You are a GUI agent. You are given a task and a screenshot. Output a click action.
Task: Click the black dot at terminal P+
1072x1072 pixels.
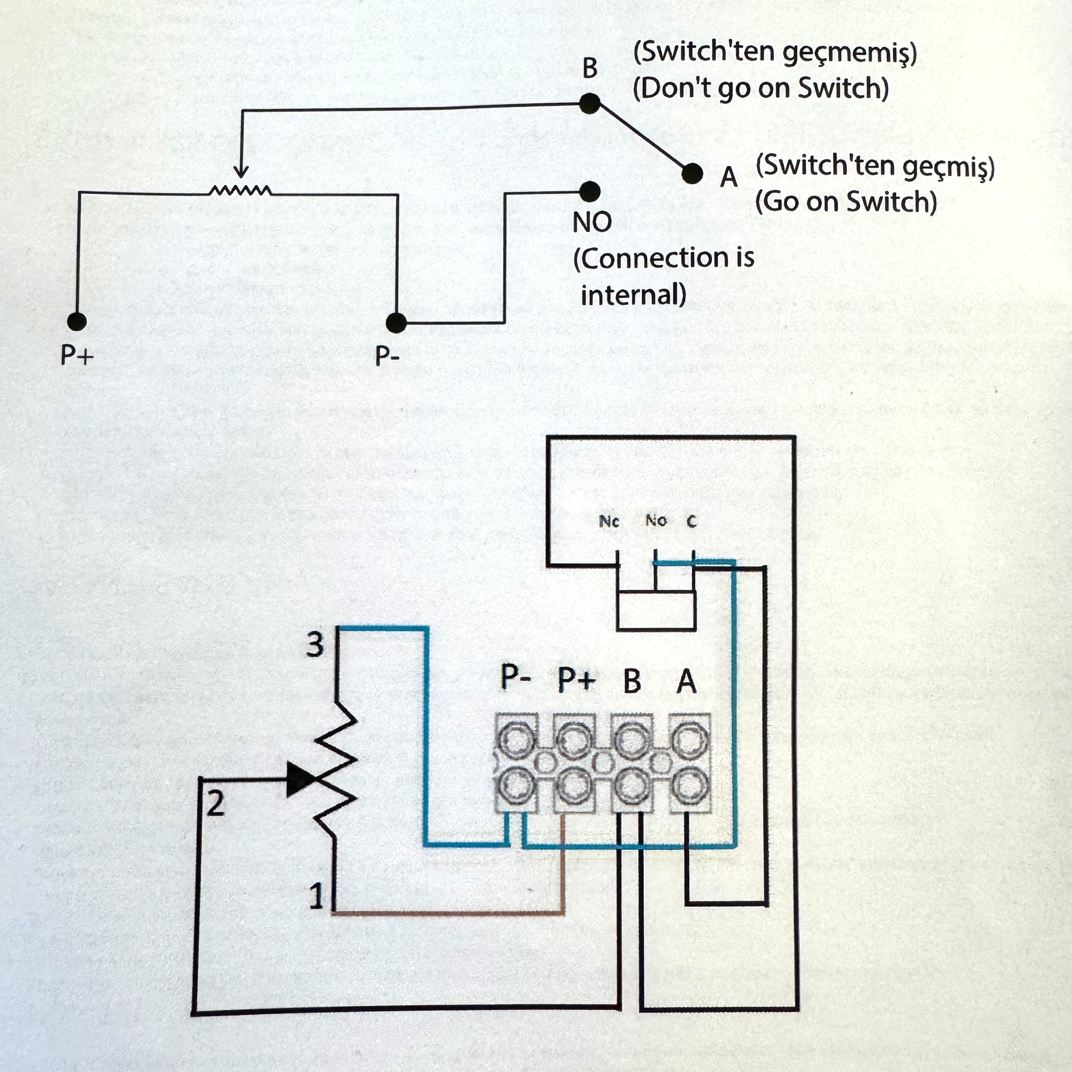click(76, 321)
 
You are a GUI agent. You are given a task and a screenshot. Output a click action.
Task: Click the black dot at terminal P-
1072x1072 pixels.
click(396, 322)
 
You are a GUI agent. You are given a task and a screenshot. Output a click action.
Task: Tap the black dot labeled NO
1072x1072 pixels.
click(590, 192)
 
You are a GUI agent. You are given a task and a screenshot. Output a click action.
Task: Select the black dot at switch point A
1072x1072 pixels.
click(692, 174)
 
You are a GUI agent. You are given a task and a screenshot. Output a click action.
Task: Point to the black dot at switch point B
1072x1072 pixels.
click(590, 103)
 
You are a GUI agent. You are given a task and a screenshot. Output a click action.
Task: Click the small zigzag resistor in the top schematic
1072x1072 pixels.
click(240, 191)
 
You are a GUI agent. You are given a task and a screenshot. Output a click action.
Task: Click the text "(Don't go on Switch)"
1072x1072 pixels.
click(760, 89)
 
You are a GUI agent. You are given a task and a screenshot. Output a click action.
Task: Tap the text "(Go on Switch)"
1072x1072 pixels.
click(845, 202)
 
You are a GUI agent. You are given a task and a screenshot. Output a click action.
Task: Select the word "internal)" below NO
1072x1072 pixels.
click(633, 294)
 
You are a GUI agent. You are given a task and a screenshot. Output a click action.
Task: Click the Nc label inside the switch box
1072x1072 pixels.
click(609, 521)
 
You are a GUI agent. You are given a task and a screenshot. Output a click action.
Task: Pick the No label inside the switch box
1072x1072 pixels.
click(656, 521)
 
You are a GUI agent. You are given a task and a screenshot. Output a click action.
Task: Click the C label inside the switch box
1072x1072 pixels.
click(692, 521)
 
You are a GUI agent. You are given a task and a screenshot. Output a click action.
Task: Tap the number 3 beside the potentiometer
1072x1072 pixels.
click(315, 645)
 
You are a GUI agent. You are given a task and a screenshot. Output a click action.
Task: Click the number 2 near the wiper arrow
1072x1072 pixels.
click(216, 804)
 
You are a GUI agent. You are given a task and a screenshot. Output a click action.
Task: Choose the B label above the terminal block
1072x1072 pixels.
click(632, 681)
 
